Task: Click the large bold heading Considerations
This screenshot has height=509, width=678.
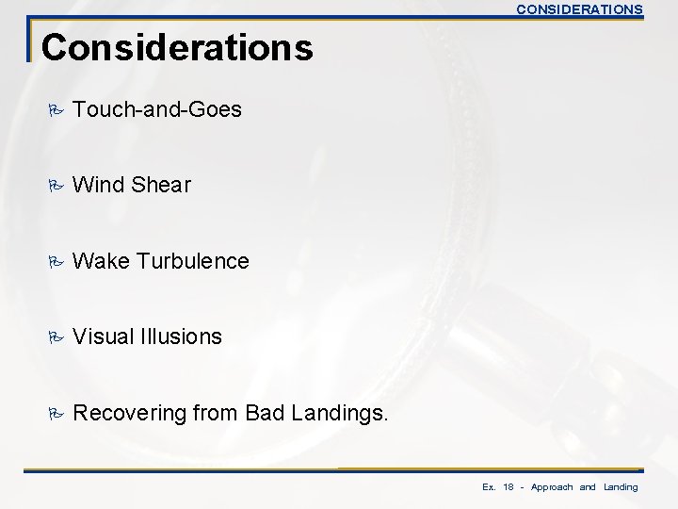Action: pyautogui.click(x=177, y=47)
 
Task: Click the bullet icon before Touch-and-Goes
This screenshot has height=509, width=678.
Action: pyautogui.click(x=55, y=110)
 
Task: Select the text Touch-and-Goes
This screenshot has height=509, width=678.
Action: pyautogui.click(x=157, y=110)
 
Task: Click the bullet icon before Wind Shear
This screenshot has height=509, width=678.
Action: pyautogui.click(x=55, y=186)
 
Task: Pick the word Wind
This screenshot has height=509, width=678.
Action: pyautogui.click(x=98, y=186)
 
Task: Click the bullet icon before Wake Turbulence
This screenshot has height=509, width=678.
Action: pyautogui.click(x=55, y=261)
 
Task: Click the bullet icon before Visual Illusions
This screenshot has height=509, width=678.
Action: pyautogui.click(x=55, y=337)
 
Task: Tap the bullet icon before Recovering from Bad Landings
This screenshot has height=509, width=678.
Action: pyautogui.click(x=55, y=412)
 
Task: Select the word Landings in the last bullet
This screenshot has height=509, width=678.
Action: pyautogui.click(x=336, y=412)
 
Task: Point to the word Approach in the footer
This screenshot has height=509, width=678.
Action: pyautogui.click(x=552, y=487)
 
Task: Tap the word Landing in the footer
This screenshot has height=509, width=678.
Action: pyautogui.click(x=621, y=487)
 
